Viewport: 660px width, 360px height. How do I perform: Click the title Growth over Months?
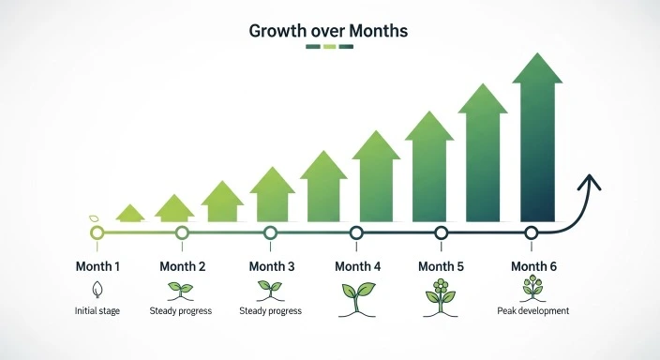click(x=329, y=30)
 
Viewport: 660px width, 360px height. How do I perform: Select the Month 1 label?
click(x=97, y=266)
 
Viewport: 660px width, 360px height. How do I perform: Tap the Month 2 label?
click(x=183, y=266)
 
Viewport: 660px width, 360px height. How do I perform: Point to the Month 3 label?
click(x=271, y=266)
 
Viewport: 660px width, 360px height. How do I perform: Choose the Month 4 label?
click(x=357, y=266)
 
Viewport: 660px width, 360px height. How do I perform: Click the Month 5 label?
click(x=441, y=266)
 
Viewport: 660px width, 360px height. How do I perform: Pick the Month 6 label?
click(x=533, y=266)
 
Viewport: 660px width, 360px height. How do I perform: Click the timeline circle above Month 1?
click(x=97, y=232)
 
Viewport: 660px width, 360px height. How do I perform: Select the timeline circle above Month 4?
click(x=356, y=232)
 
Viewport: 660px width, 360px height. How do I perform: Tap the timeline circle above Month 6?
click(x=531, y=232)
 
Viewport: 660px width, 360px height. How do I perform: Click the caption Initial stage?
click(x=97, y=311)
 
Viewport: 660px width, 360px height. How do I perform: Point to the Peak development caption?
click(x=533, y=310)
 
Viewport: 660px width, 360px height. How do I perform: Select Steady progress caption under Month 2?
click(x=181, y=311)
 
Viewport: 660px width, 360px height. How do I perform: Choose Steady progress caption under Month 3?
click(x=271, y=311)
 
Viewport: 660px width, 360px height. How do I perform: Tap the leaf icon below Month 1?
click(x=97, y=289)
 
